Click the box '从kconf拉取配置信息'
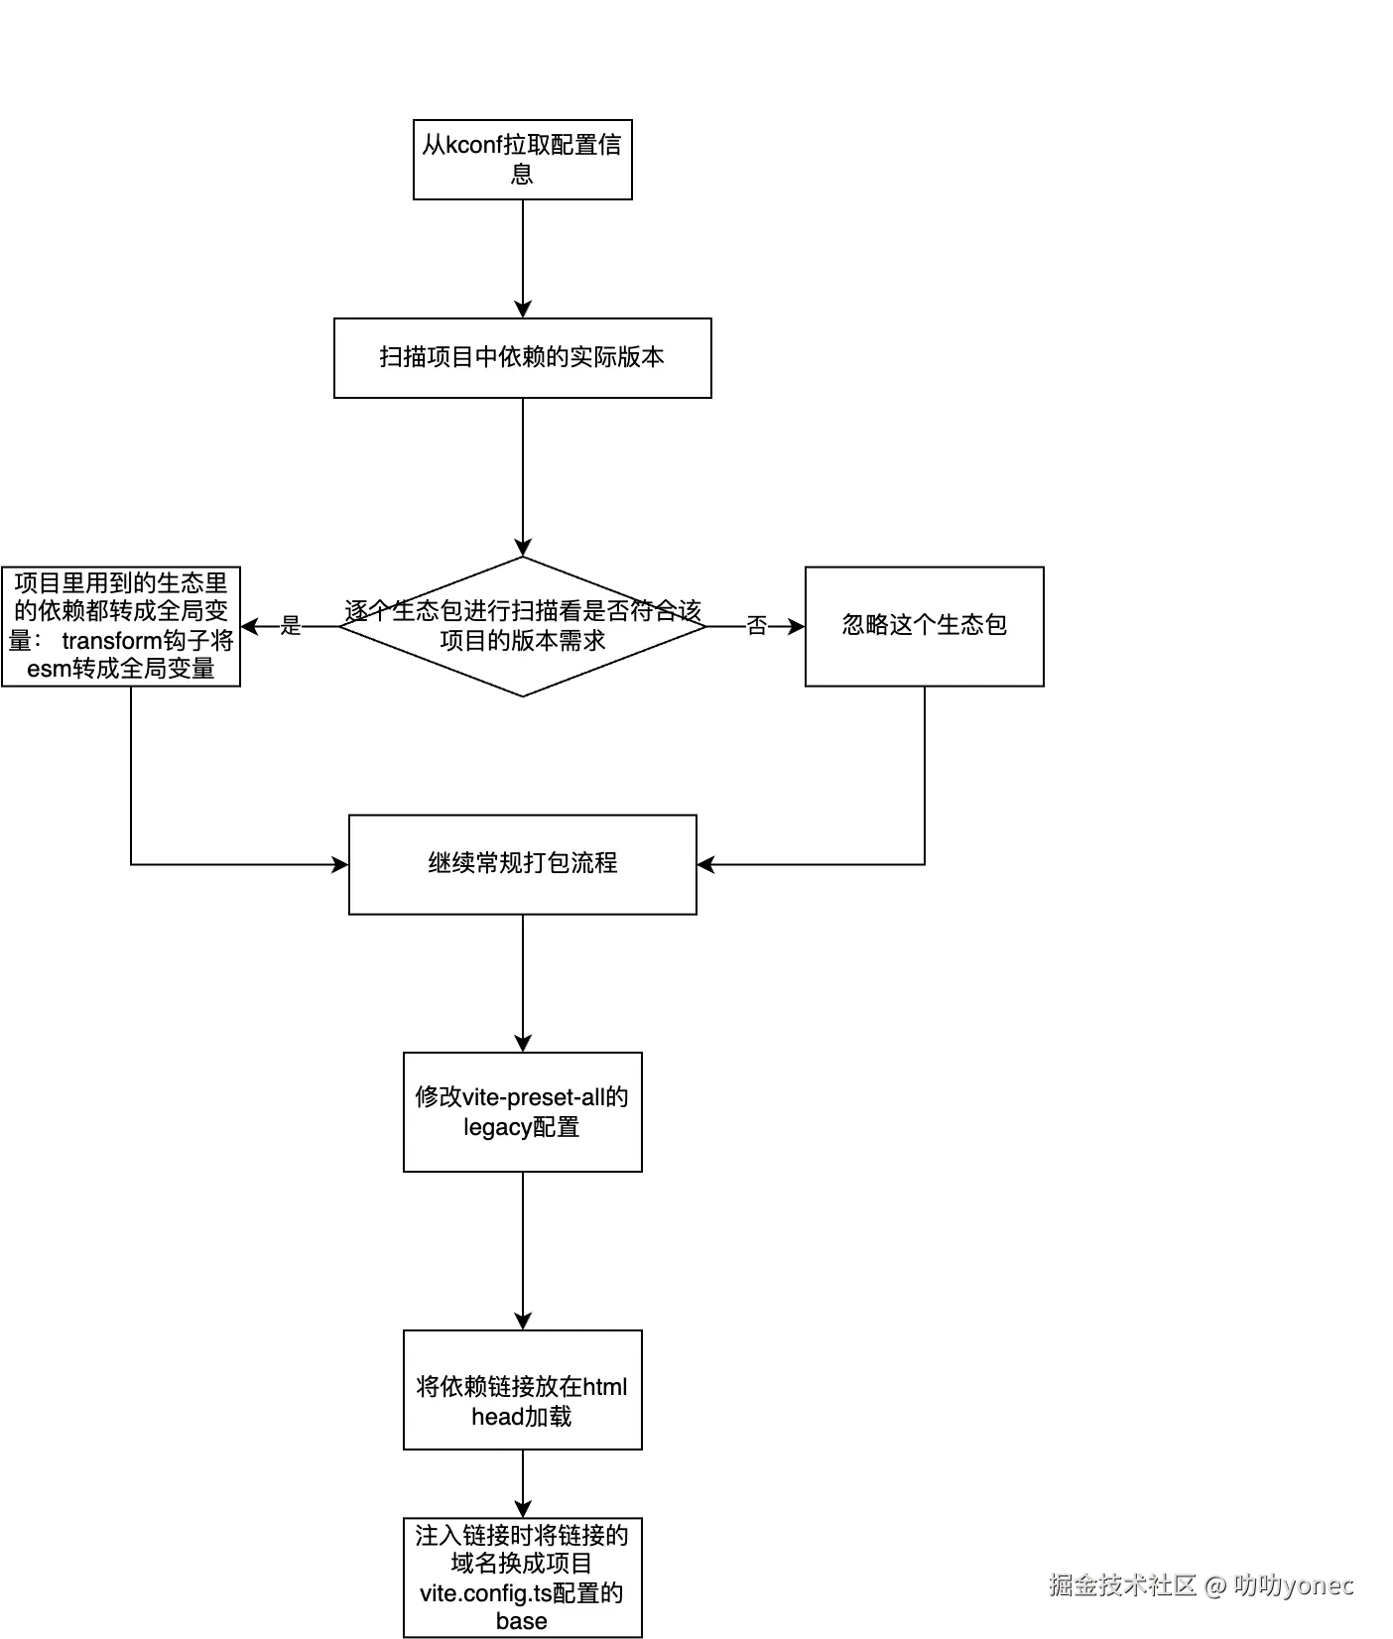tap(523, 160)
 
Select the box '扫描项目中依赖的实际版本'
tap(523, 358)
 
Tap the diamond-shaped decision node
tap(523, 626)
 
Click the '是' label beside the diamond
tap(289, 625)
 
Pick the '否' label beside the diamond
tap(757, 626)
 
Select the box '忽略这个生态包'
tap(924, 626)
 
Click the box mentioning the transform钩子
tap(121, 626)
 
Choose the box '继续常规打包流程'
tap(523, 863)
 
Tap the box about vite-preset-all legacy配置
tap(523, 1112)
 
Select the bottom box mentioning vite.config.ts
tap(523, 1577)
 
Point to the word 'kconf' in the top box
tap(474, 145)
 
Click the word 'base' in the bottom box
tap(522, 1621)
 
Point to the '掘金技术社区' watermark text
tap(1122, 1584)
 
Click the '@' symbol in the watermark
tap(1215, 1585)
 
